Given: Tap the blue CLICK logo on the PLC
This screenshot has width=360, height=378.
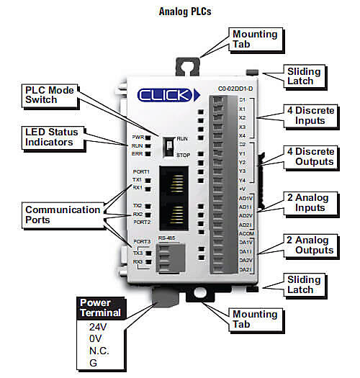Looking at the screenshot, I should coord(163,94).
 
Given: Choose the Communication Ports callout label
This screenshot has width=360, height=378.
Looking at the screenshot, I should coord(63,215).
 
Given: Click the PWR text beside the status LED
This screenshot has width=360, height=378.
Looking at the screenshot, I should coord(138,136).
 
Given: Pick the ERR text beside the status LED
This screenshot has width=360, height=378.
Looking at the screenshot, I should coord(138,153).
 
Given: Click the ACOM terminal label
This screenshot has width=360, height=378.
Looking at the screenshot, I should coord(245,233).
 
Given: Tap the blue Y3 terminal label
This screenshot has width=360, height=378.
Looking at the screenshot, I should coord(243,171).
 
